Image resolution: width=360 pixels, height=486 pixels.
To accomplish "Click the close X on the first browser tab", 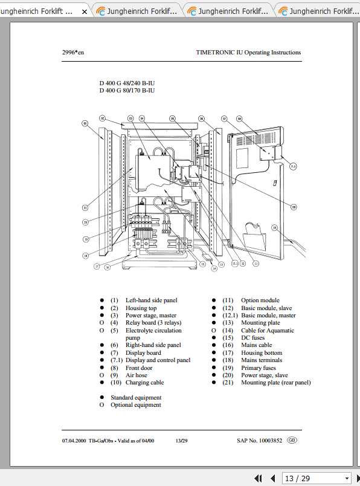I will [84, 11].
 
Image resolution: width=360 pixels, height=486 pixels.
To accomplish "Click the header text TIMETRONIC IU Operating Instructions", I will [248, 53].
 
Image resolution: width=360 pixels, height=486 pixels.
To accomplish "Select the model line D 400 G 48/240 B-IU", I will [127, 83].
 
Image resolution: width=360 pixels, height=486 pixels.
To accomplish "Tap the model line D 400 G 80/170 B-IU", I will [127, 91].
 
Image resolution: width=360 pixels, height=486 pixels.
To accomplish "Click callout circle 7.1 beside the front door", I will [292, 165].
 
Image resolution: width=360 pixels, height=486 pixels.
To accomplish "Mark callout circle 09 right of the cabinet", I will [294, 207].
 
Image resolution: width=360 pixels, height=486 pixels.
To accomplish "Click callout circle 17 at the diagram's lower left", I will [97, 265].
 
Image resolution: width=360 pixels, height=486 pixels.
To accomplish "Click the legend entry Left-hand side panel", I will [151, 300].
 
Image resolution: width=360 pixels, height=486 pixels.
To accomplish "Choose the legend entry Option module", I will [260, 300].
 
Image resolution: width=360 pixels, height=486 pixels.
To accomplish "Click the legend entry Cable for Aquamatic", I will [267, 331].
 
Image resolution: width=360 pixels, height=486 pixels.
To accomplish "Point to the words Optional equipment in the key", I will [135, 405].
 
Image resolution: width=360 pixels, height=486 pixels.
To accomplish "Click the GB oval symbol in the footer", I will [292, 441].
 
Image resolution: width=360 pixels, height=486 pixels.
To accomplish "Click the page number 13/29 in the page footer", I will [181, 441].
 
